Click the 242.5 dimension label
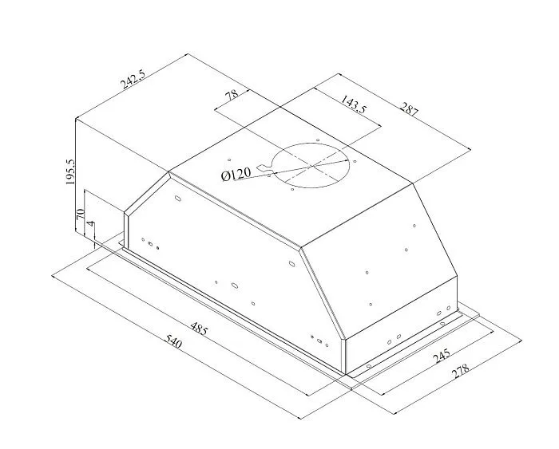point(133,79)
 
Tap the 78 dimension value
point(232,95)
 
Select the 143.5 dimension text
point(353,104)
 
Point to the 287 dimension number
point(409,109)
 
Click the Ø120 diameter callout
point(236,174)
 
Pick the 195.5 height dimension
point(70,171)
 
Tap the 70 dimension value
point(80,214)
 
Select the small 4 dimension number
point(91,224)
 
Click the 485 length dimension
point(198,329)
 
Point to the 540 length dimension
point(173,342)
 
